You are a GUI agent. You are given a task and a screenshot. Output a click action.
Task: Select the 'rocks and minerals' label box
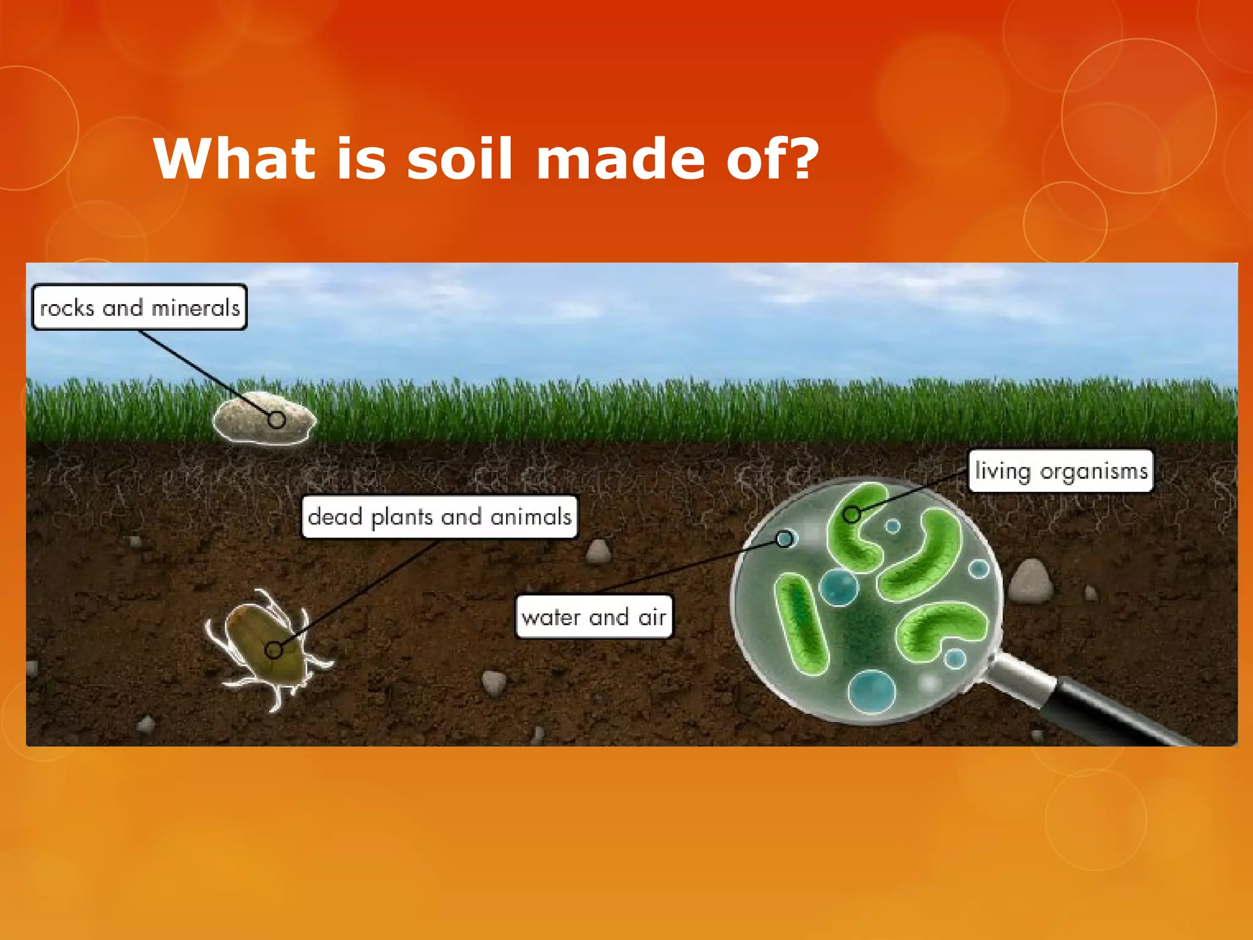[x=139, y=307]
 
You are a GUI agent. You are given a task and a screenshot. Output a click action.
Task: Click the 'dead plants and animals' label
[x=439, y=517]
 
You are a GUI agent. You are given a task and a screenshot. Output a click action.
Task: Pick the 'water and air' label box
[x=593, y=617]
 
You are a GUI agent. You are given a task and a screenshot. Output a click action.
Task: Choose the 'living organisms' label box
[x=1060, y=471]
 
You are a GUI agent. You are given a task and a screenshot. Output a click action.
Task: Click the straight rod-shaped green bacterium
[x=801, y=624]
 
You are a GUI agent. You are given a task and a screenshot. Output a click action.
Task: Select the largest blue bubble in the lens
[x=871, y=692]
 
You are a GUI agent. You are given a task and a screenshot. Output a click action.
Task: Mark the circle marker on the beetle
[x=273, y=650]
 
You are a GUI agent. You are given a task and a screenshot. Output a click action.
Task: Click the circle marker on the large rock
[x=277, y=420]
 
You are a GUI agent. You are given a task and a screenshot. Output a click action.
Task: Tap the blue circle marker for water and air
[x=784, y=539]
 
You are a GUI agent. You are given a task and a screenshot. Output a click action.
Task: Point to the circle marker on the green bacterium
[x=852, y=515]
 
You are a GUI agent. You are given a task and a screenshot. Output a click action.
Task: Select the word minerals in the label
[x=195, y=308]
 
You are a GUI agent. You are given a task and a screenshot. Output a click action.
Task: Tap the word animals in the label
[x=530, y=517]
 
